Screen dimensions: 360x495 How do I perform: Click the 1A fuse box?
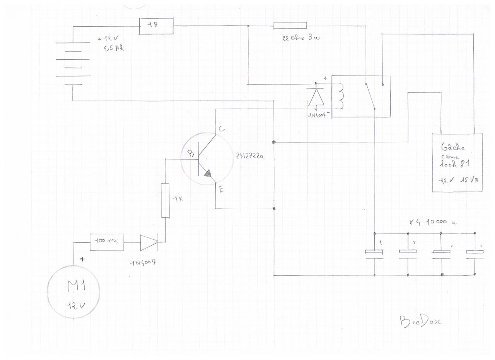point(156,26)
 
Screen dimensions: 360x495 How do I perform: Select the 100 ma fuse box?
point(107,242)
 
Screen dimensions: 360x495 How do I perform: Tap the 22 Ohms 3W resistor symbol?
point(290,26)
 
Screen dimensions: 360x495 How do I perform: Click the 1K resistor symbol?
point(165,201)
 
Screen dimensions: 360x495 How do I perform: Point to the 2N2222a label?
point(250,156)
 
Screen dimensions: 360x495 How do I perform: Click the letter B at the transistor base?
point(191,154)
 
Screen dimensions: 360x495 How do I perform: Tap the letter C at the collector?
point(221,129)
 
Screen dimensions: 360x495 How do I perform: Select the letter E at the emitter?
point(221,189)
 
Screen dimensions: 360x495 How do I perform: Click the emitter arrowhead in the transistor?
point(208,175)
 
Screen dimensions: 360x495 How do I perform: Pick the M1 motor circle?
point(73,292)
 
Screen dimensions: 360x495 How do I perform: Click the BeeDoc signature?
point(420,321)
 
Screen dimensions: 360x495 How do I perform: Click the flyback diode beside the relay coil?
point(316,97)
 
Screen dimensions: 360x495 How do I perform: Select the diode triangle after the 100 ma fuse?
point(149,242)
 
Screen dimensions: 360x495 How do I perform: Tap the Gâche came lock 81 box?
point(457,162)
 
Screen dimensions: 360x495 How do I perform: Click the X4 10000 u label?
point(433,222)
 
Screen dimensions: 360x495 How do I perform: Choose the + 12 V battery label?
point(110,39)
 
